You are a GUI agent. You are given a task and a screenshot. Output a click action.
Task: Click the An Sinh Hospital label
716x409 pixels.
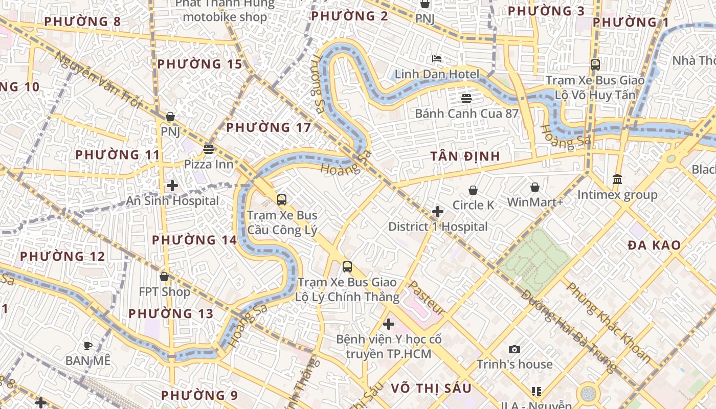click(x=173, y=201)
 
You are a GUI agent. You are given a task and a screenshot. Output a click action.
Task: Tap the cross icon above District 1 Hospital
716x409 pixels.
click(x=438, y=211)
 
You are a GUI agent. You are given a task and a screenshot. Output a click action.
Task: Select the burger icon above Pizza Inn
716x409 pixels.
click(x=208, y=149)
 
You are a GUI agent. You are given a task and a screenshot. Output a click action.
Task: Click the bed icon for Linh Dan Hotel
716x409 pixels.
click(x=437, y=59)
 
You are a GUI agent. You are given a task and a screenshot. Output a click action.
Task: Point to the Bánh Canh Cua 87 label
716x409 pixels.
click(x=466, y=113)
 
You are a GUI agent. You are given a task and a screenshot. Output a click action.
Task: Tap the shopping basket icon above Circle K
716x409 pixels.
click(x=473, y=190)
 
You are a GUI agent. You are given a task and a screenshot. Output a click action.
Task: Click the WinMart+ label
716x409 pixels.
click(x=535, y=202)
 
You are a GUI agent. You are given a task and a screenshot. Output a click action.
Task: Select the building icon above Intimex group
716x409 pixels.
click(x=617, y=179)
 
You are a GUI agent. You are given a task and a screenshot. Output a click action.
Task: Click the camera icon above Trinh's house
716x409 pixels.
click(x=514, y=350)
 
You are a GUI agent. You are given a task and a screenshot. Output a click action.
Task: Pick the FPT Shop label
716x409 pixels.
click(x=165, y=291)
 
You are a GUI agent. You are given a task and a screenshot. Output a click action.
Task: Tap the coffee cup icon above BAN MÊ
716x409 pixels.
click(x=88, y=346)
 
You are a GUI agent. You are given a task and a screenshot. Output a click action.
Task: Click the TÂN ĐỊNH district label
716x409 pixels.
click(x=465, y=156)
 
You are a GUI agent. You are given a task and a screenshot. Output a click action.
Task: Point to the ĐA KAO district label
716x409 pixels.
click(x=654, y=245)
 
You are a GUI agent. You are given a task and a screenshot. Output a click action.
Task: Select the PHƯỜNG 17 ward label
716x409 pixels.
click(x=268, y=127)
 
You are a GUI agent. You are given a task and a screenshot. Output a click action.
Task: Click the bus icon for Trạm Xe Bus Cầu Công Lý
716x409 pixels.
click(x=282, y=200)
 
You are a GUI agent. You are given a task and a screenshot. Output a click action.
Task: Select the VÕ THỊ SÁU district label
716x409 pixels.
click(x=431, y=388)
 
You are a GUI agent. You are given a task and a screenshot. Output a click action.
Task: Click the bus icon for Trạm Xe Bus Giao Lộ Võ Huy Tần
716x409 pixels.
click(x=595, y=65)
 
